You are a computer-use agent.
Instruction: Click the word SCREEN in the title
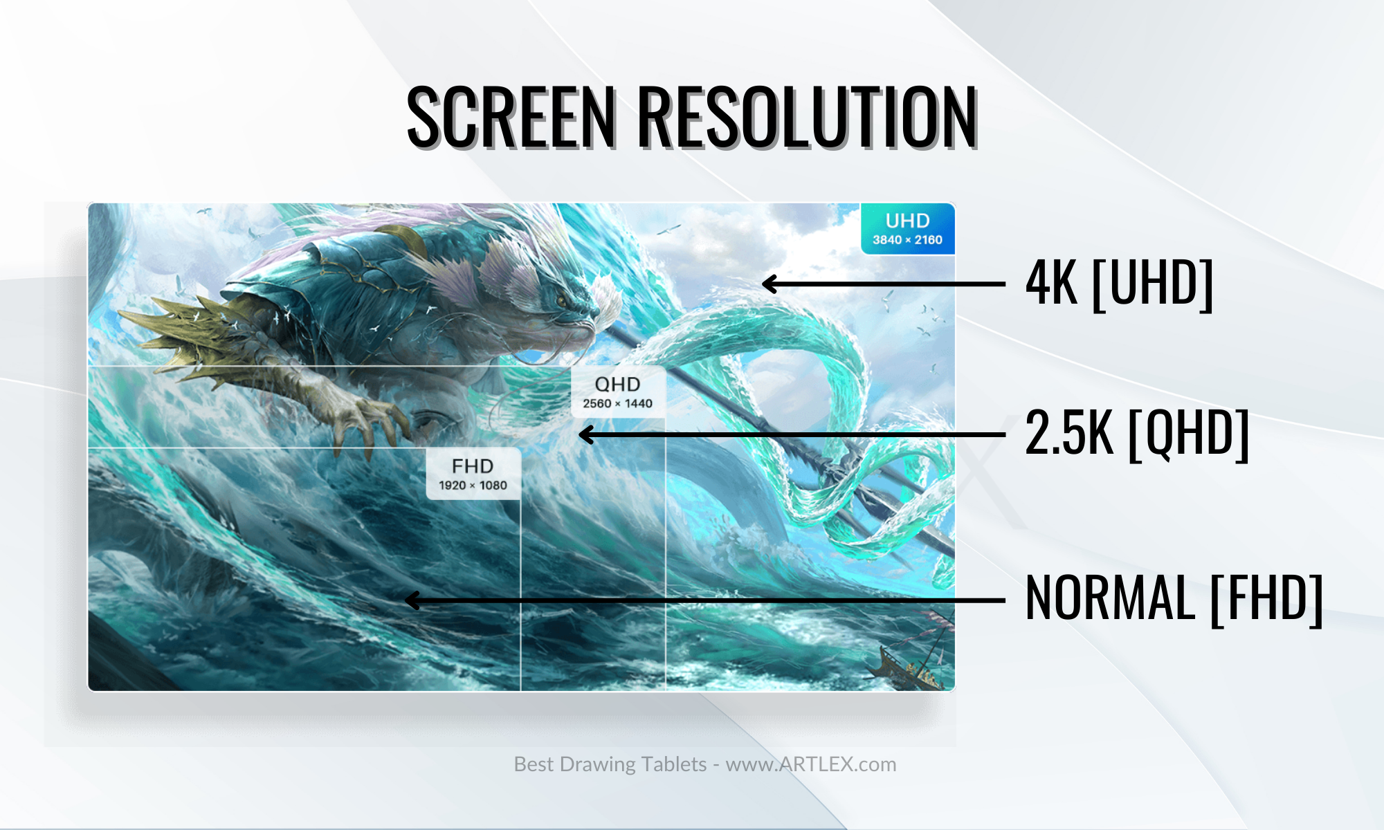511,116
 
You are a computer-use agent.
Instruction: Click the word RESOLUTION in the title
808,116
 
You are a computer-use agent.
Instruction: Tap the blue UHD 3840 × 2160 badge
907,229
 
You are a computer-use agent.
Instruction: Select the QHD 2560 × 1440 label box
618,392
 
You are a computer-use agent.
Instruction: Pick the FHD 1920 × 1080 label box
473,474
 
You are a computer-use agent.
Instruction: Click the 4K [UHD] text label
1120,283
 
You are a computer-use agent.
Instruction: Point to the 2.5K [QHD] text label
1137,434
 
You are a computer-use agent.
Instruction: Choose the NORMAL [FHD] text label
1174,598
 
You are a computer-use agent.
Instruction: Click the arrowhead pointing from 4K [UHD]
770,284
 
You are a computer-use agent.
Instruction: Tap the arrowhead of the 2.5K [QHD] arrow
586,434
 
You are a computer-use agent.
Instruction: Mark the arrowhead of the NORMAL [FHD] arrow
412,600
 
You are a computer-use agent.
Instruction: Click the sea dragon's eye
561,299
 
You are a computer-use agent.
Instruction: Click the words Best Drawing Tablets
610,764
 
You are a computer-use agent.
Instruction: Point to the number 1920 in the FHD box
452,486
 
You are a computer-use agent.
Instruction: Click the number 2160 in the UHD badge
929,240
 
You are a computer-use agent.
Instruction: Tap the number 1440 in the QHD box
639,403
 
